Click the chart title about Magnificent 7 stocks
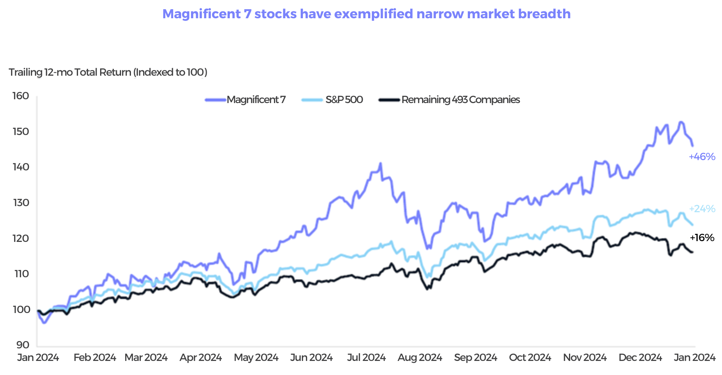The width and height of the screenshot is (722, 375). pos(366,14)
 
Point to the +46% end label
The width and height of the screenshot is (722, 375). pos(702,157)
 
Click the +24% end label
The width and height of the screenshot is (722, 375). pos(702,209)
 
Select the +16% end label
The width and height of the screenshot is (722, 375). pos(702,238)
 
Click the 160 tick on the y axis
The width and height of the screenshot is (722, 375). pos(21,96)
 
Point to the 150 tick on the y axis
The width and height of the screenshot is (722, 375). pos(21,132)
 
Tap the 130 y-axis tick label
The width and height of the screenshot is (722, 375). pos(21,203)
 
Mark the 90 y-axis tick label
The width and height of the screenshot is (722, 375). pos(22,345)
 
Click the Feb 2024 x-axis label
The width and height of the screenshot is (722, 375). pos(95,358)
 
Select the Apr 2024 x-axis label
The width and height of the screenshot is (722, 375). pos(201,358)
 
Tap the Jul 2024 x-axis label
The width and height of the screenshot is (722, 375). pos(366,358)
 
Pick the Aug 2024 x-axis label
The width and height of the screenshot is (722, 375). pos(420,358)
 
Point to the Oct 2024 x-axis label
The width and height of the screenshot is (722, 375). pos(530,358)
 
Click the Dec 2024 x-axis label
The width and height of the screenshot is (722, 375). pos(640,358)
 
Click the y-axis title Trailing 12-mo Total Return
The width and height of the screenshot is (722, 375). pos(108,72)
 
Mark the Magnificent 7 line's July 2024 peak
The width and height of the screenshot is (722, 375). pos(380,164)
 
